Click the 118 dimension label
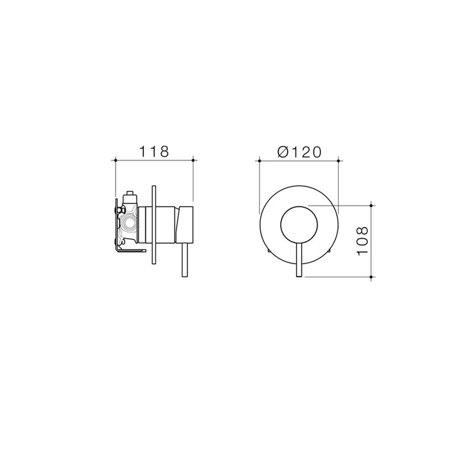tap(154, 152)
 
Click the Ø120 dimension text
tap(299, 152)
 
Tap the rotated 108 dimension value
tap(363, 241)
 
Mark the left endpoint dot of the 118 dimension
tap(115, 160)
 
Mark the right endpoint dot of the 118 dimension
tap(193, 160)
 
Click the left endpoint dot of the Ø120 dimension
tap(259, 161)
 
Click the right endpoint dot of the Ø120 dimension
tap(338, 161)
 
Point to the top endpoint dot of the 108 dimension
tap(371, 206)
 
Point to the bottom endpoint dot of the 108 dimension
tap(371, 277)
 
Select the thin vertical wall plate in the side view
tap(154, 225)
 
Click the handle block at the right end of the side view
tap(185, 224)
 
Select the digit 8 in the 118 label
tap(164, 152)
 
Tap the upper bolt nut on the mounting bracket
tap(122, 210)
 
